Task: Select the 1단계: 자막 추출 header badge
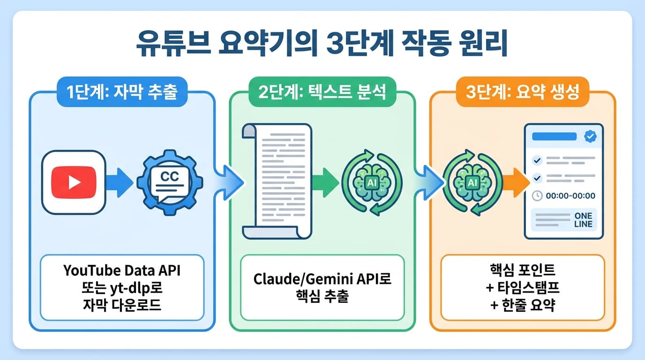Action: [121, 92]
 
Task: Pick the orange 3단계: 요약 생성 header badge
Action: [522, 92]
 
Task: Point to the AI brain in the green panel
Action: [371, 182]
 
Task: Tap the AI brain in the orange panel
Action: [472, 182]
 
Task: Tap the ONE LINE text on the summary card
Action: [583, 220]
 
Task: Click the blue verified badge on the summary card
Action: [590, 136]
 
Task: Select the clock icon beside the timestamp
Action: [538, 196]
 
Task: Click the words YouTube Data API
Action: [122, 270]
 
